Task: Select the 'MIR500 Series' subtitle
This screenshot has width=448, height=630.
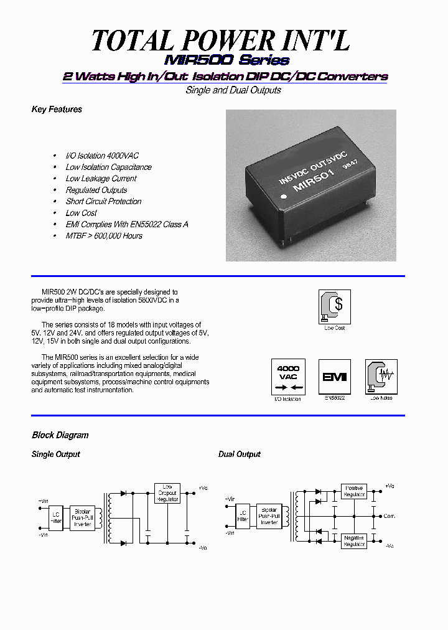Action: pyautogui.click(x=226, y=60)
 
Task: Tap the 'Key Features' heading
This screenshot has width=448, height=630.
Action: pyautogui.click(x=57, y=110)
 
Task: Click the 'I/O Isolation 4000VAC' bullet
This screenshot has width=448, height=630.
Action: pyautogui.click(x=102, y=156)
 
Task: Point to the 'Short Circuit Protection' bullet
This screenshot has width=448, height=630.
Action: pyautogui.click(x=103, y=202)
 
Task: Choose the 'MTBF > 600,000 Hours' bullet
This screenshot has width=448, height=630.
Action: pyautogui.click(x=104, y=236)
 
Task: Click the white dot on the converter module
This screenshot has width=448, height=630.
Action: pyautogui.click(x=284, y=196)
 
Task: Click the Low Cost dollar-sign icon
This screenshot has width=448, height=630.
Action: pyautogui.click(x=335, y=306)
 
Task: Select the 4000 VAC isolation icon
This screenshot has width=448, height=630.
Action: pyautogui.click(x=288, y=377)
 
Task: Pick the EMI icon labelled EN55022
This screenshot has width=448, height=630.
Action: pyautogui.click(x=335, y=377)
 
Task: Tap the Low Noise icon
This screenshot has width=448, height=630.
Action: pyautogui.click(x=381, y=377)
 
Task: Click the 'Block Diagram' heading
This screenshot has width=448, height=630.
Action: pyautogui.click(x=60, y=435)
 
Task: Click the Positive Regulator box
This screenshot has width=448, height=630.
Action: pyautogui.click(x=353, y=491)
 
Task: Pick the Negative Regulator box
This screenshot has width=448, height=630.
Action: pyautogui.click(x=353, y=541)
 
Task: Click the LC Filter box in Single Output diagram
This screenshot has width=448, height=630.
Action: pyautogui.click(x=57, y=516)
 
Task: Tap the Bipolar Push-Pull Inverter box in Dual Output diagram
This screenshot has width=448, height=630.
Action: pyautogui.click(x=269, y=516)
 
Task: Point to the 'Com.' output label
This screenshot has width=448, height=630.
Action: pyautogui.click(x=389, y=516)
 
